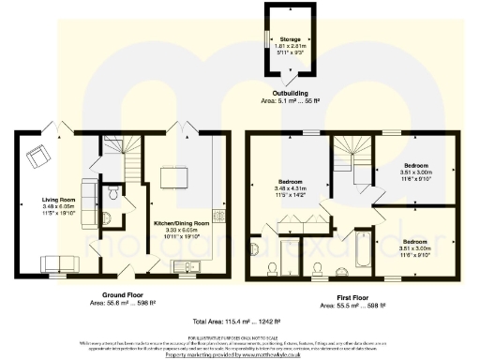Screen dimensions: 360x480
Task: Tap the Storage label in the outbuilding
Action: coord(289,40)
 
